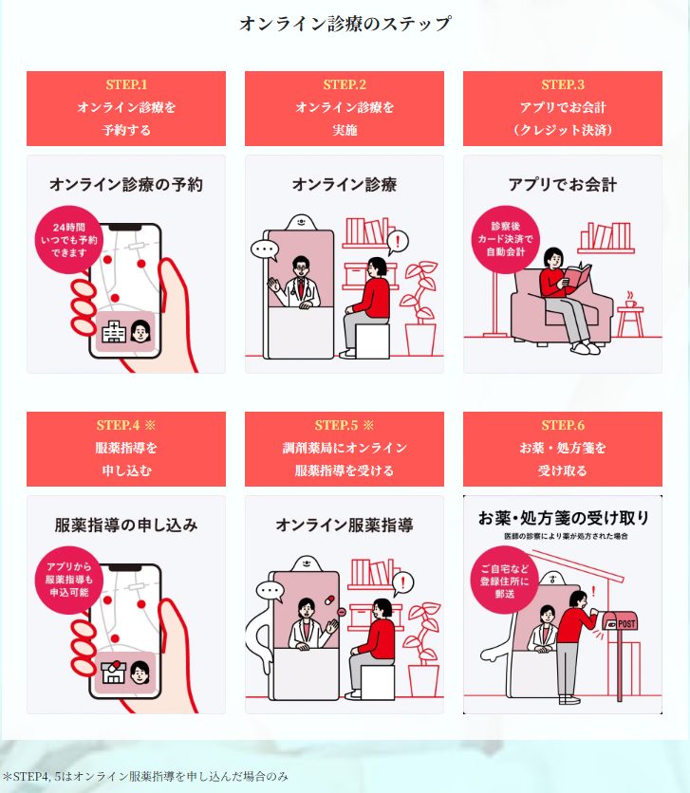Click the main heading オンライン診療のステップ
click(x=345, y=24)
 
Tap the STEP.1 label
click(x=126, y=85)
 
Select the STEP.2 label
click(x=345, y=85)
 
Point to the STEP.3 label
click(x=563, y=85)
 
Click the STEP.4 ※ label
click(x=126, y=425)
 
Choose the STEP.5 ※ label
click(x=345, y=425)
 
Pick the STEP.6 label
click(x=563, y=425)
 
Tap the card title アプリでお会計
click(x=563, y=184)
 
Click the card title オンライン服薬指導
click(x=345, y=524)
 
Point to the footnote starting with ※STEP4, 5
click(x=145, y=776)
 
